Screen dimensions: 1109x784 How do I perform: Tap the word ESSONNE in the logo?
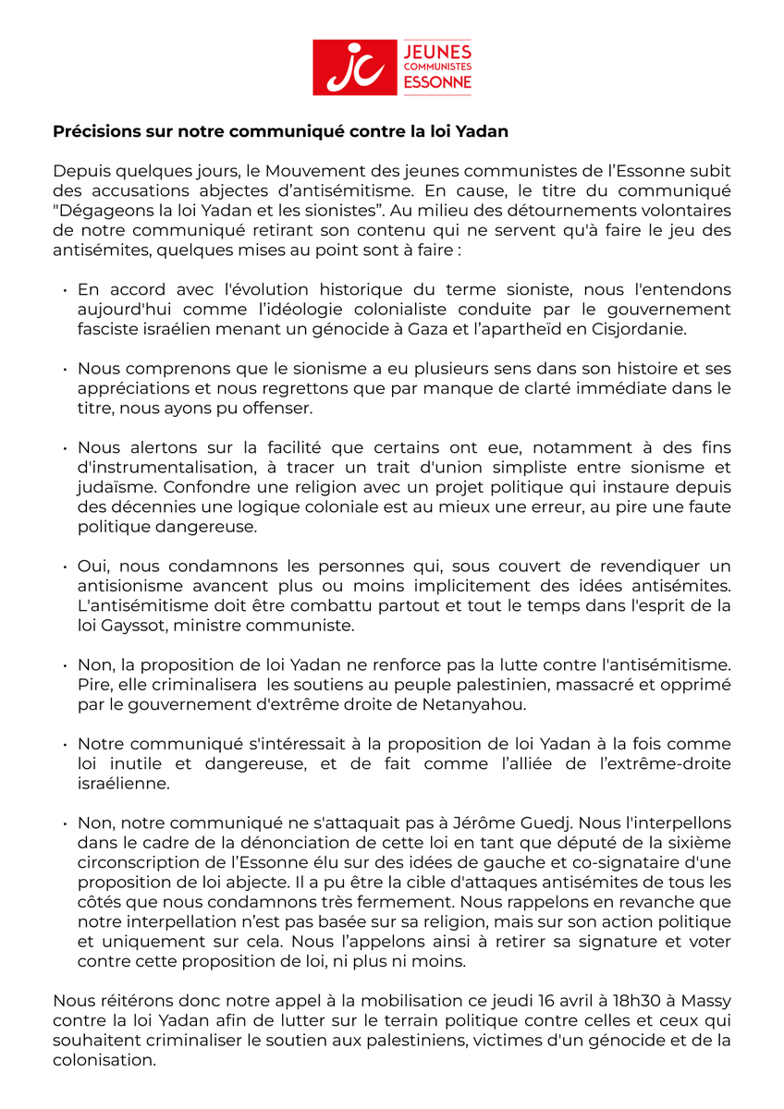coord(438,83)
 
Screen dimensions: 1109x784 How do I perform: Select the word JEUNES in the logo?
coord(438,51)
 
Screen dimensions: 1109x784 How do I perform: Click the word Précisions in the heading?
coord(97,131)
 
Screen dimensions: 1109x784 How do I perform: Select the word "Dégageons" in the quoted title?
coord(98,210)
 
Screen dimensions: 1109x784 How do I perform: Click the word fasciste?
coord(107,329)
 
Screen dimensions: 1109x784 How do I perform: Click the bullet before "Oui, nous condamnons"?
coord(66,566)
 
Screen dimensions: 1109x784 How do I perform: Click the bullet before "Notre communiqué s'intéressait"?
coord(66,744)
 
